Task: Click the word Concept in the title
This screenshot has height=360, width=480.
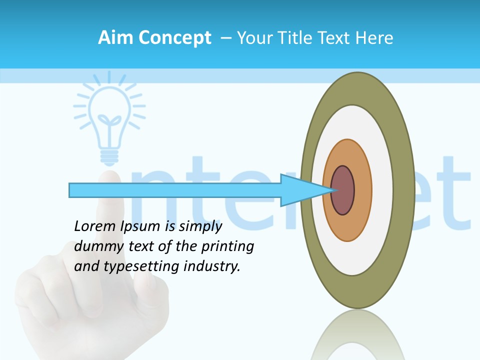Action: [174, 38]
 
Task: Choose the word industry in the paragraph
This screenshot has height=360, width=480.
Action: [212, 266]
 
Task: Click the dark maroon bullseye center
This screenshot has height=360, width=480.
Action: [343, 190]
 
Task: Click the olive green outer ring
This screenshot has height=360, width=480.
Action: [404, 190]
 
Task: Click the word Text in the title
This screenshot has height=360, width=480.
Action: [335, 38]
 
